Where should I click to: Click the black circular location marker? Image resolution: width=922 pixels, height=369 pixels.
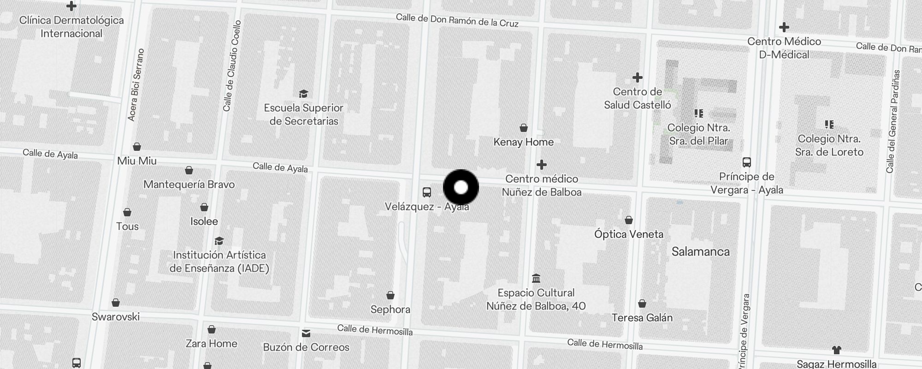[x=461, y=187]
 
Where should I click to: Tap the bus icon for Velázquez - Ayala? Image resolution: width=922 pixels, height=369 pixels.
[x=427, y=192]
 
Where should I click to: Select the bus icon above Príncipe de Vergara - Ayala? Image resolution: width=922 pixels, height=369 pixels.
[x=747, y=162]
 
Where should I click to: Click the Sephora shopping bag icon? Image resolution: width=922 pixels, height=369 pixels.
[x=390, y=295]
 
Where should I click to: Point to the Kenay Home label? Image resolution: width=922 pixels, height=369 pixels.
[x=523, y=142]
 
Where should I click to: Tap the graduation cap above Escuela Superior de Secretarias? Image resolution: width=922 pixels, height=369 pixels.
[x=303, y=94]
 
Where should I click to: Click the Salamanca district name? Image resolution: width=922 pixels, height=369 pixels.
[x=700, y=252]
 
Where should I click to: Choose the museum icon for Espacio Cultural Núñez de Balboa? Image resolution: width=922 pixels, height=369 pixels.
[x=536, y=279]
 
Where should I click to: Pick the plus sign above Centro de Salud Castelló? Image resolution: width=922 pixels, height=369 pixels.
[x=638, y=77]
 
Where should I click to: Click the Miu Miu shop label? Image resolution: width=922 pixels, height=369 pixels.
[x=137, y=161]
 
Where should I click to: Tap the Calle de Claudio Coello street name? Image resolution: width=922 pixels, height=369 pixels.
[x=231, y=66]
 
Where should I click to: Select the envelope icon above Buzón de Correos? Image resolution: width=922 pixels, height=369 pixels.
[x=306, y=333]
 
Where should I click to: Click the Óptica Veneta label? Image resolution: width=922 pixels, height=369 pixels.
[x=629, y=234]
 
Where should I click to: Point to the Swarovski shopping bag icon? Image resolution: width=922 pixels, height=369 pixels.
[x=116, y=303]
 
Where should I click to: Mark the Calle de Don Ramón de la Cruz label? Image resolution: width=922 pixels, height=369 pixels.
[x=457, y=21]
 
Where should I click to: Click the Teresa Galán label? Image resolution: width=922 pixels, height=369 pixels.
[x=642, y=318]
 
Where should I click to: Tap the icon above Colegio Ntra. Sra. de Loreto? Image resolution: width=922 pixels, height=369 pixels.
[x=829, y=125]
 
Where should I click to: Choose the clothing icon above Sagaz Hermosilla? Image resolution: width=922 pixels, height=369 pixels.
[x=837, y=350]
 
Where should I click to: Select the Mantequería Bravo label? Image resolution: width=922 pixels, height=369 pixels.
[x=189, y=184]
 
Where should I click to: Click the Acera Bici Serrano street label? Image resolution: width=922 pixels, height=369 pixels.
[x=136, y=85]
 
